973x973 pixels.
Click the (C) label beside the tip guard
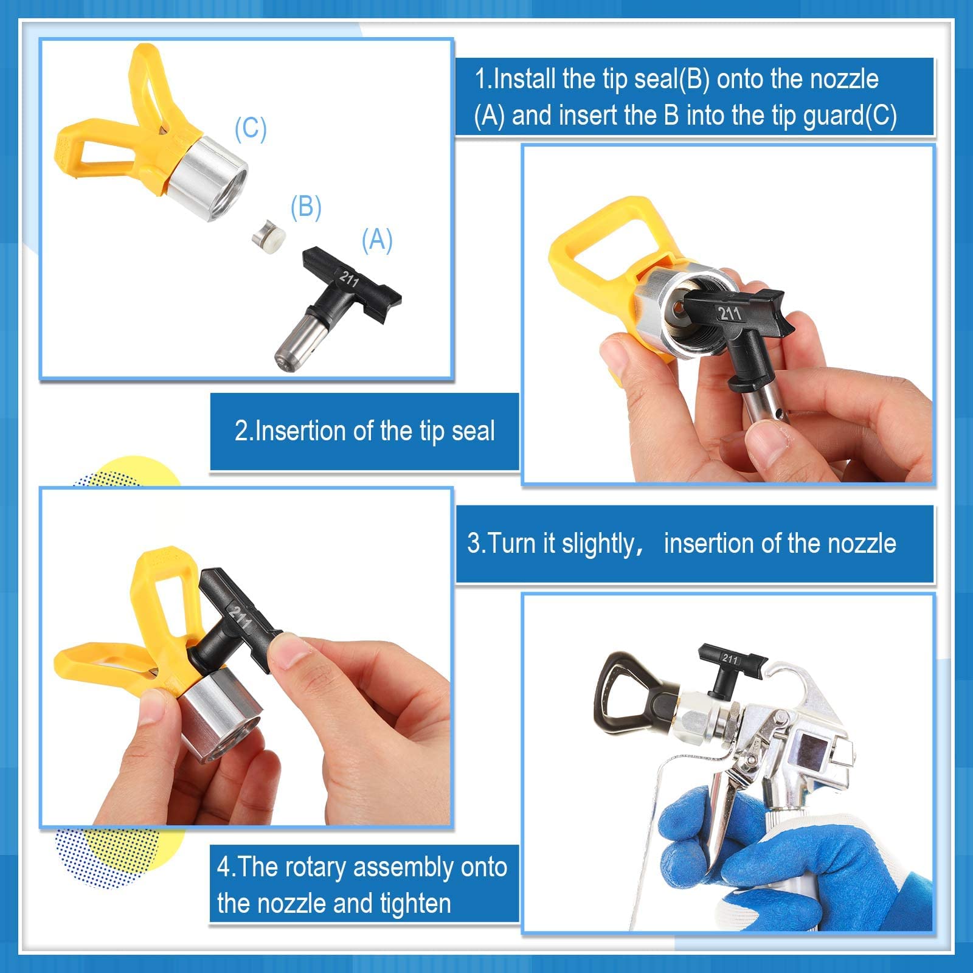click(251, 129)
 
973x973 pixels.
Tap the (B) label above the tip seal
click(305, 207)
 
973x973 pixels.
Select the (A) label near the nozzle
click(377, 240)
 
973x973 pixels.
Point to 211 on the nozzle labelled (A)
click(349, 279)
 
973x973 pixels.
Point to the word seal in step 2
click(473, 431)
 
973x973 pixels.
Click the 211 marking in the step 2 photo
click(730, 314)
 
